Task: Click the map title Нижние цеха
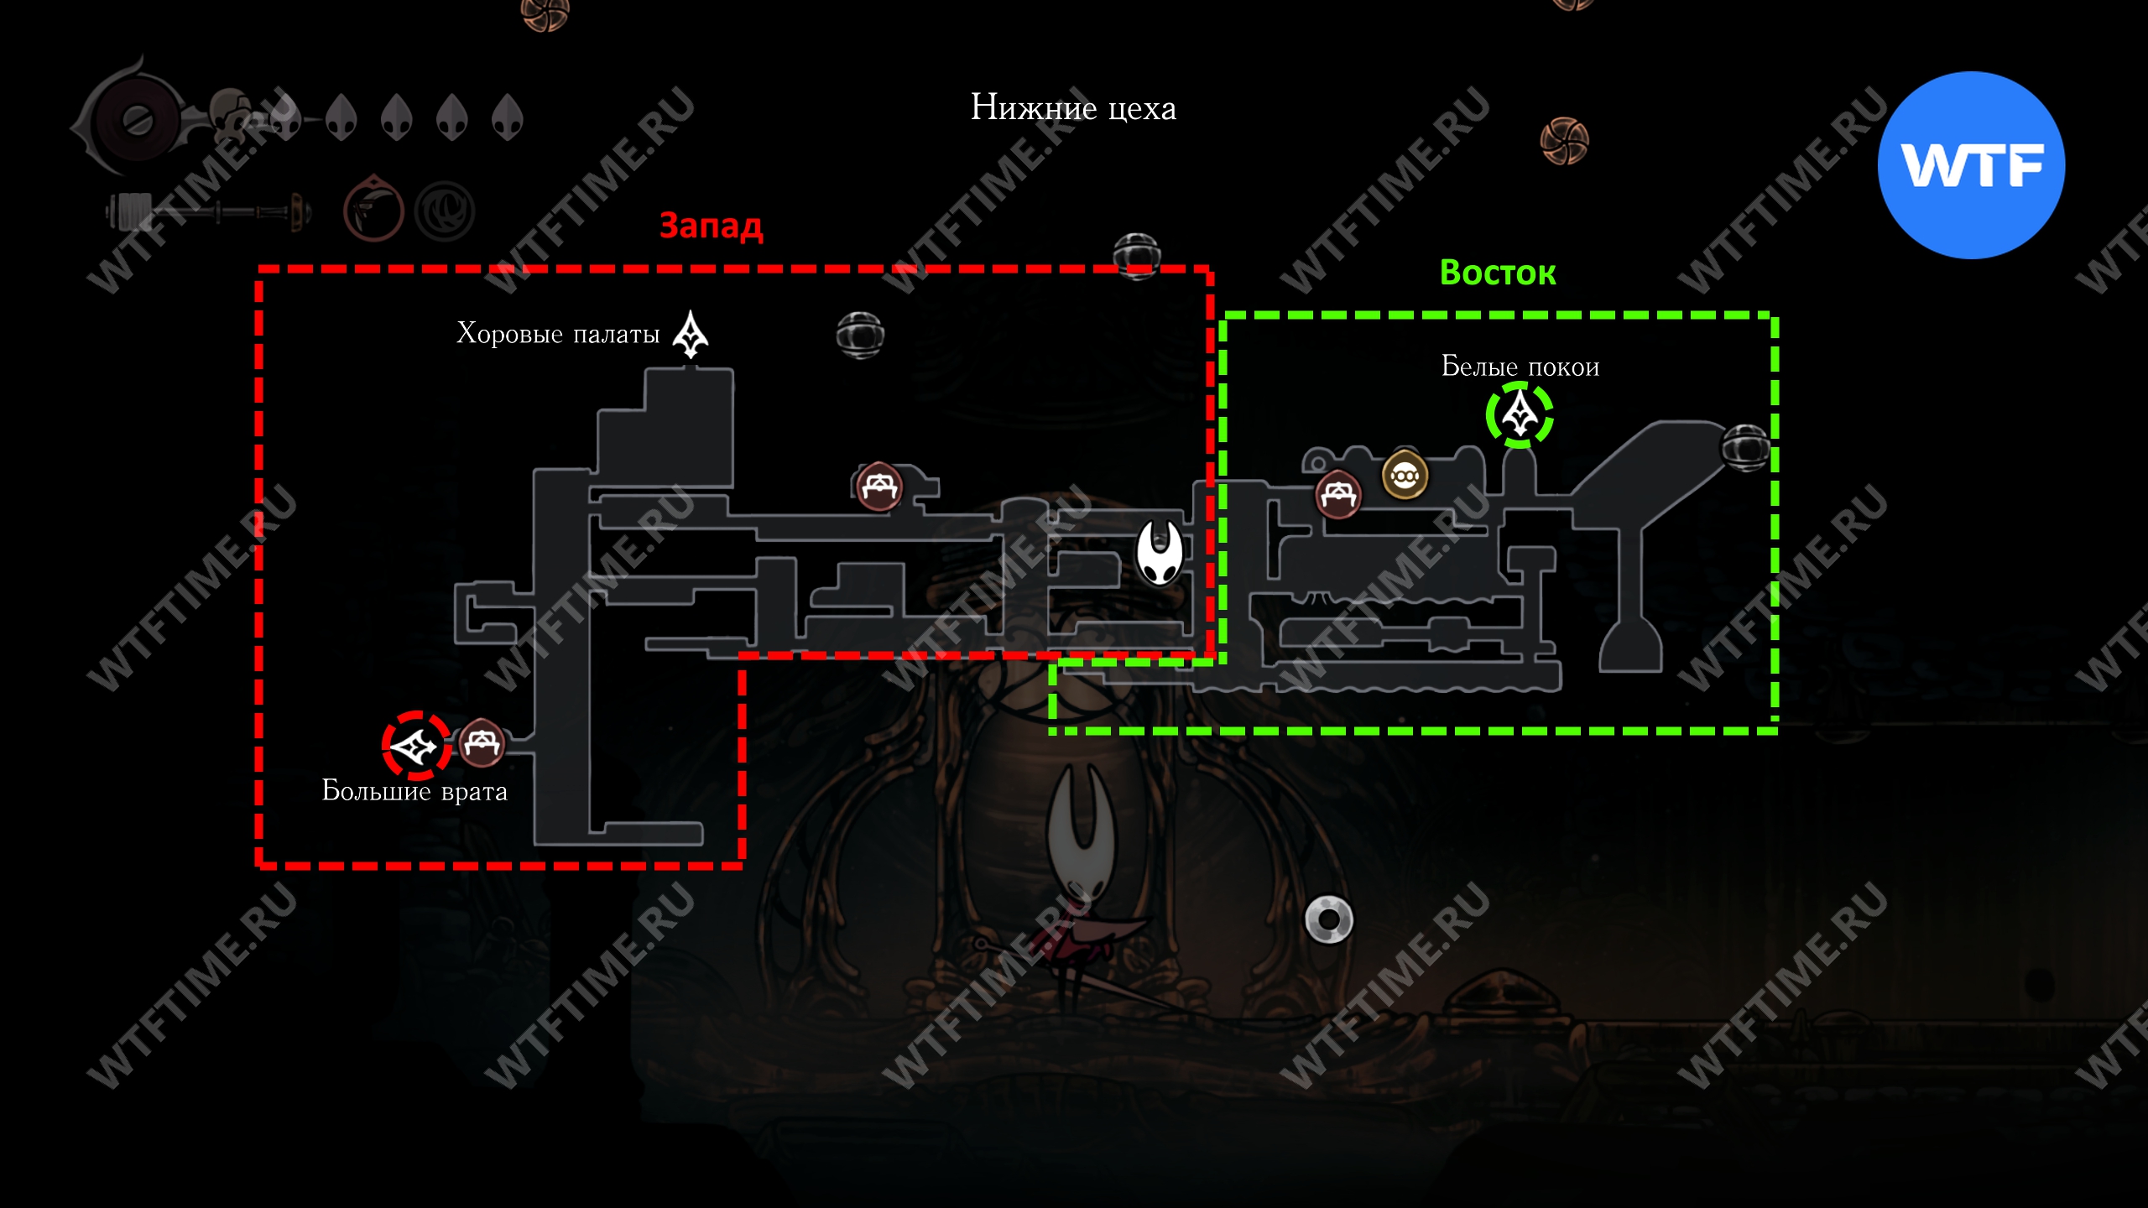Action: pyautogui.click(x=1073, y=108)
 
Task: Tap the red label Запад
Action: pyautogui.click(x=711, y=225)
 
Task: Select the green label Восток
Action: pyautogui.click(x=1498, y=273)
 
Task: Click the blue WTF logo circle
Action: pyautogui.click(x=1971, y=165)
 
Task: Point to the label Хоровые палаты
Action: pyautogui.click(x=558, y=334)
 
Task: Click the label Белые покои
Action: pyautogui.click(x=1520, y=367)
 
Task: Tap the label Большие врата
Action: pyautogui.click(x=414, y=791)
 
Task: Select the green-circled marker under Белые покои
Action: pyautogui.click(x=1520, y=414)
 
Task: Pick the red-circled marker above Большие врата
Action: pyautogui.click(x=416, y=745)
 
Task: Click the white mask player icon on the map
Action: pyautogui.click(x=1160, y=553)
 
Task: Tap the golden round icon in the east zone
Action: pyautogui.click(x=1405, y=476)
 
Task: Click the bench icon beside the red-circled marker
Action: pyautogui.click(x=482, y=743)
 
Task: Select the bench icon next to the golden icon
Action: pyautogui.click(x=1338, y=495)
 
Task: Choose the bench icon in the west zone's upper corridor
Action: pyautogui.click(x=878, y=486)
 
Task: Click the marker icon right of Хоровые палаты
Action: pyautogui.click(x=691, y=335)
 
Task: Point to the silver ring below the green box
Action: pyautogui.click(x=1329, y=919)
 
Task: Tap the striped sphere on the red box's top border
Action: pyautogui.click(x=1137, y=255)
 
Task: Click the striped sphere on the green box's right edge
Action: pyautogui.click(x=1746, y=447)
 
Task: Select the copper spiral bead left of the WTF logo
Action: pyautogui.click(x=1564, y=141)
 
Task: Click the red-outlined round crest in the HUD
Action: pyautogui.click(x=373, y=209)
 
